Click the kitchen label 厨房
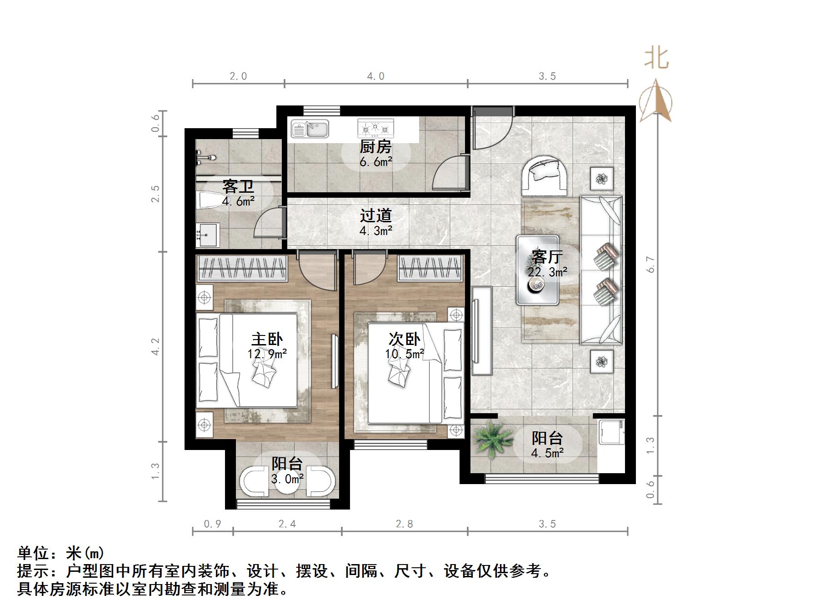[375, 147]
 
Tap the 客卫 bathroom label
[238, 186]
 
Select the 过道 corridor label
[376, 215]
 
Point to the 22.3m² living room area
[547, 272]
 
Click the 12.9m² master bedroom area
[267, 354]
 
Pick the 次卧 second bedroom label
[405, 339]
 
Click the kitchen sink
[310, 129]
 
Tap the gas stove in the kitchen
[375, 129]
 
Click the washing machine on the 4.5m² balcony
[611, 432]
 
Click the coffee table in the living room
[537, 270]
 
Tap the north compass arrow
[656, 101]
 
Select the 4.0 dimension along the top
[375, 76]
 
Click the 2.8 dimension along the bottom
[404, 524]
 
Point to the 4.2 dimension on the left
[156, 346]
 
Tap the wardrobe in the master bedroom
[242, 268]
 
